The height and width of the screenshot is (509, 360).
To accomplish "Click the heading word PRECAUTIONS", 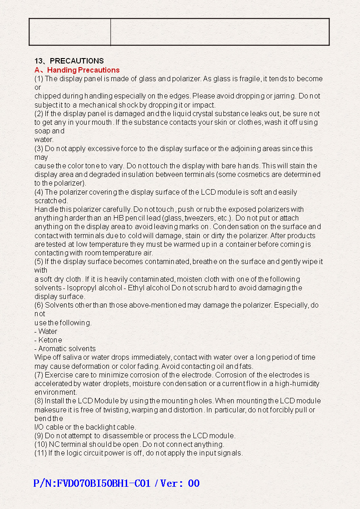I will pos(77,61).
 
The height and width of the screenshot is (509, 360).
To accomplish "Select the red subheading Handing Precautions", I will pos(84,70).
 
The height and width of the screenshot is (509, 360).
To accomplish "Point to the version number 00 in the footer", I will pos(194,483).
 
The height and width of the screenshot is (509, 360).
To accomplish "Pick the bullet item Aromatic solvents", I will pos(67,348).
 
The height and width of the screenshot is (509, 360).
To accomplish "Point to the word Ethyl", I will pos(137,288).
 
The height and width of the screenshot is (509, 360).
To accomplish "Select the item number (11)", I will pos(40,453).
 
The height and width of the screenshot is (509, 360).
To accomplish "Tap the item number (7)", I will pos(39,375).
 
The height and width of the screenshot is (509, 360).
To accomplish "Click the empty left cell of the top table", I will pos(70,32).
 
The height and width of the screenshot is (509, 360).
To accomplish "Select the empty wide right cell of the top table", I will pos(220,32).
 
